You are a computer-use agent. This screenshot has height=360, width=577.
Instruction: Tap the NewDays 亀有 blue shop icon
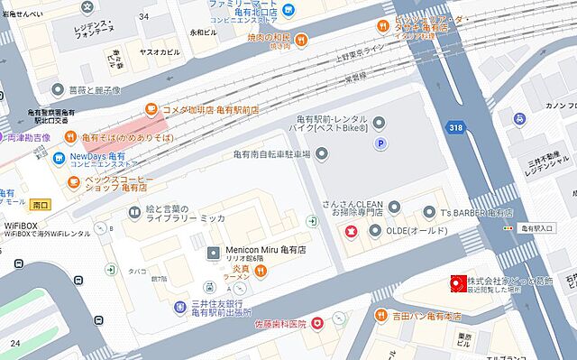pos(60,156)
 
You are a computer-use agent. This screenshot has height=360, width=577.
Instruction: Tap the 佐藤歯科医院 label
pos(271,323)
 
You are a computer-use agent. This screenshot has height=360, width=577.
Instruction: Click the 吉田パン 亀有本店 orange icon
pos(376,317)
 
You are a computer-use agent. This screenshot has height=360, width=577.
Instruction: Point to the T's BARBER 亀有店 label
pos(476,213)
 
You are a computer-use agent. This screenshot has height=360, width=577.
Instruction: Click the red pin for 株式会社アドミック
pos(455,284)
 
